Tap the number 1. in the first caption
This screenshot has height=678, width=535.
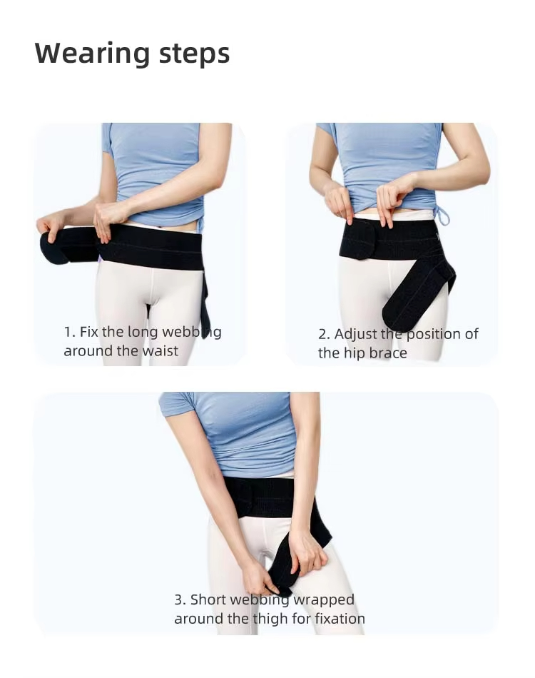point(69,332)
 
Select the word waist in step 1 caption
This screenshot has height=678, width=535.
point(160,351)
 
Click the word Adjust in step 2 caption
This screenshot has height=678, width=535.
point(356,334)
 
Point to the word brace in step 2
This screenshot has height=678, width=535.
point(388,353)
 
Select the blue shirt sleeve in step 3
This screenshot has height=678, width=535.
point(175,405)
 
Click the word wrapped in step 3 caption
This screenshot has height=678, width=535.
point(324,599)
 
